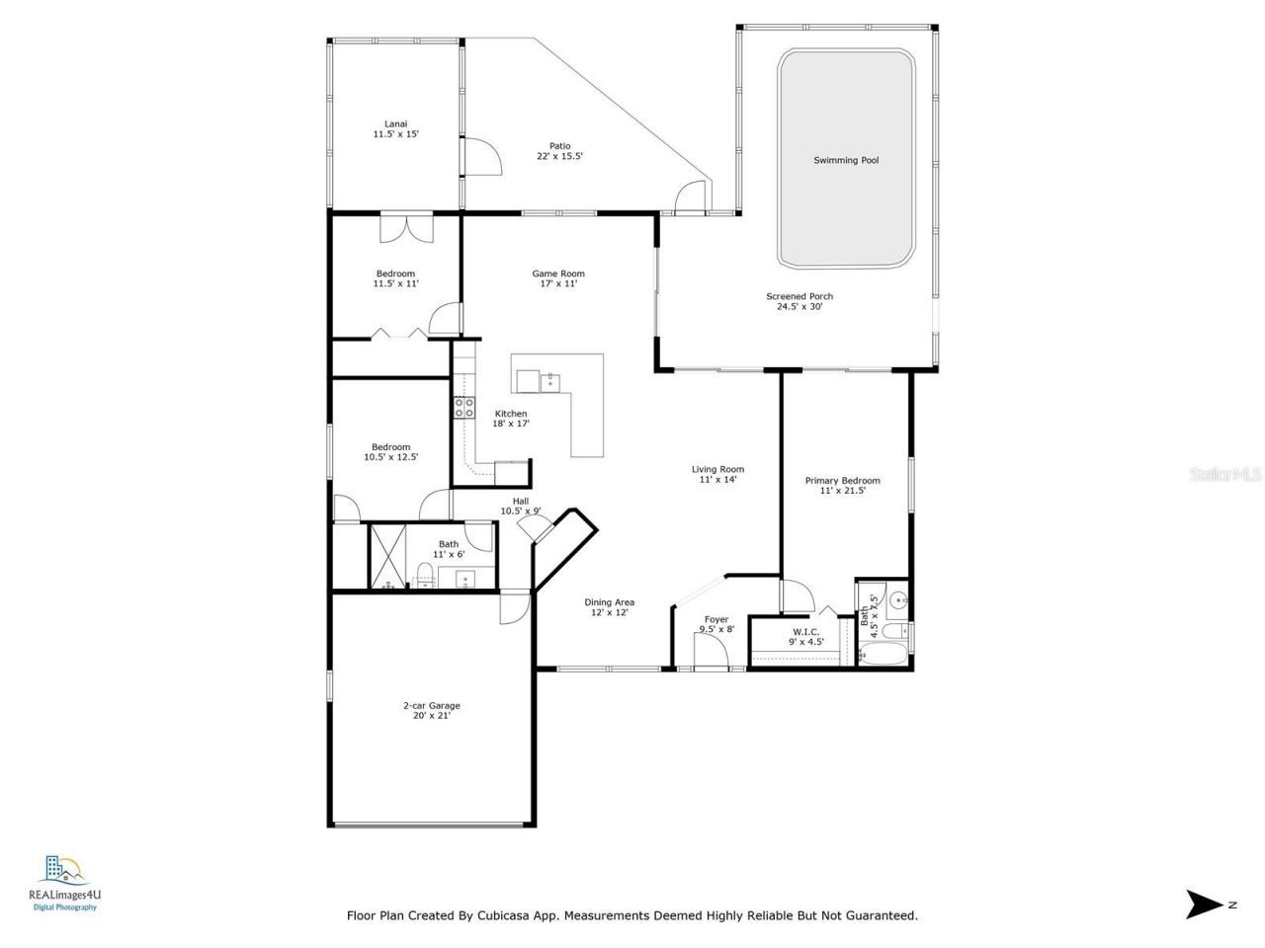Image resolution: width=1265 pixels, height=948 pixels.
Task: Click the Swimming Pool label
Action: coord(845,160)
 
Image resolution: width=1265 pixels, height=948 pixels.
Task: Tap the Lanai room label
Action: coord(395,129)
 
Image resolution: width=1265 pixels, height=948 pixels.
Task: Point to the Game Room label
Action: coord(558,278)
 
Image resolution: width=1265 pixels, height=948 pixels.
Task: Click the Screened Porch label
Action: coord(799,301)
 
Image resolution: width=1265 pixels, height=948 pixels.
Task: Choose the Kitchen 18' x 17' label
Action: coord(511,419)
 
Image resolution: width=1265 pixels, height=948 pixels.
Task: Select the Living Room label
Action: coord(717,474)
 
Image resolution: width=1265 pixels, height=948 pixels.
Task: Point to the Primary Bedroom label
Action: coord(842,485)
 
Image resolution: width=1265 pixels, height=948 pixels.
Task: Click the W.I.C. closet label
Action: coord(806,636)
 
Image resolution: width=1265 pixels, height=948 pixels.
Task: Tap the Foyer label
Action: coord(717,624)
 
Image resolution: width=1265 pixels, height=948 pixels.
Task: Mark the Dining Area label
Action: coord(609,607)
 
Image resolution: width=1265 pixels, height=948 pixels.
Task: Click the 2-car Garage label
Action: coord(431,710)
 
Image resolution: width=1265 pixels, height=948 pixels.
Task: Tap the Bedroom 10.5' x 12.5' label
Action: coord(390,452)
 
